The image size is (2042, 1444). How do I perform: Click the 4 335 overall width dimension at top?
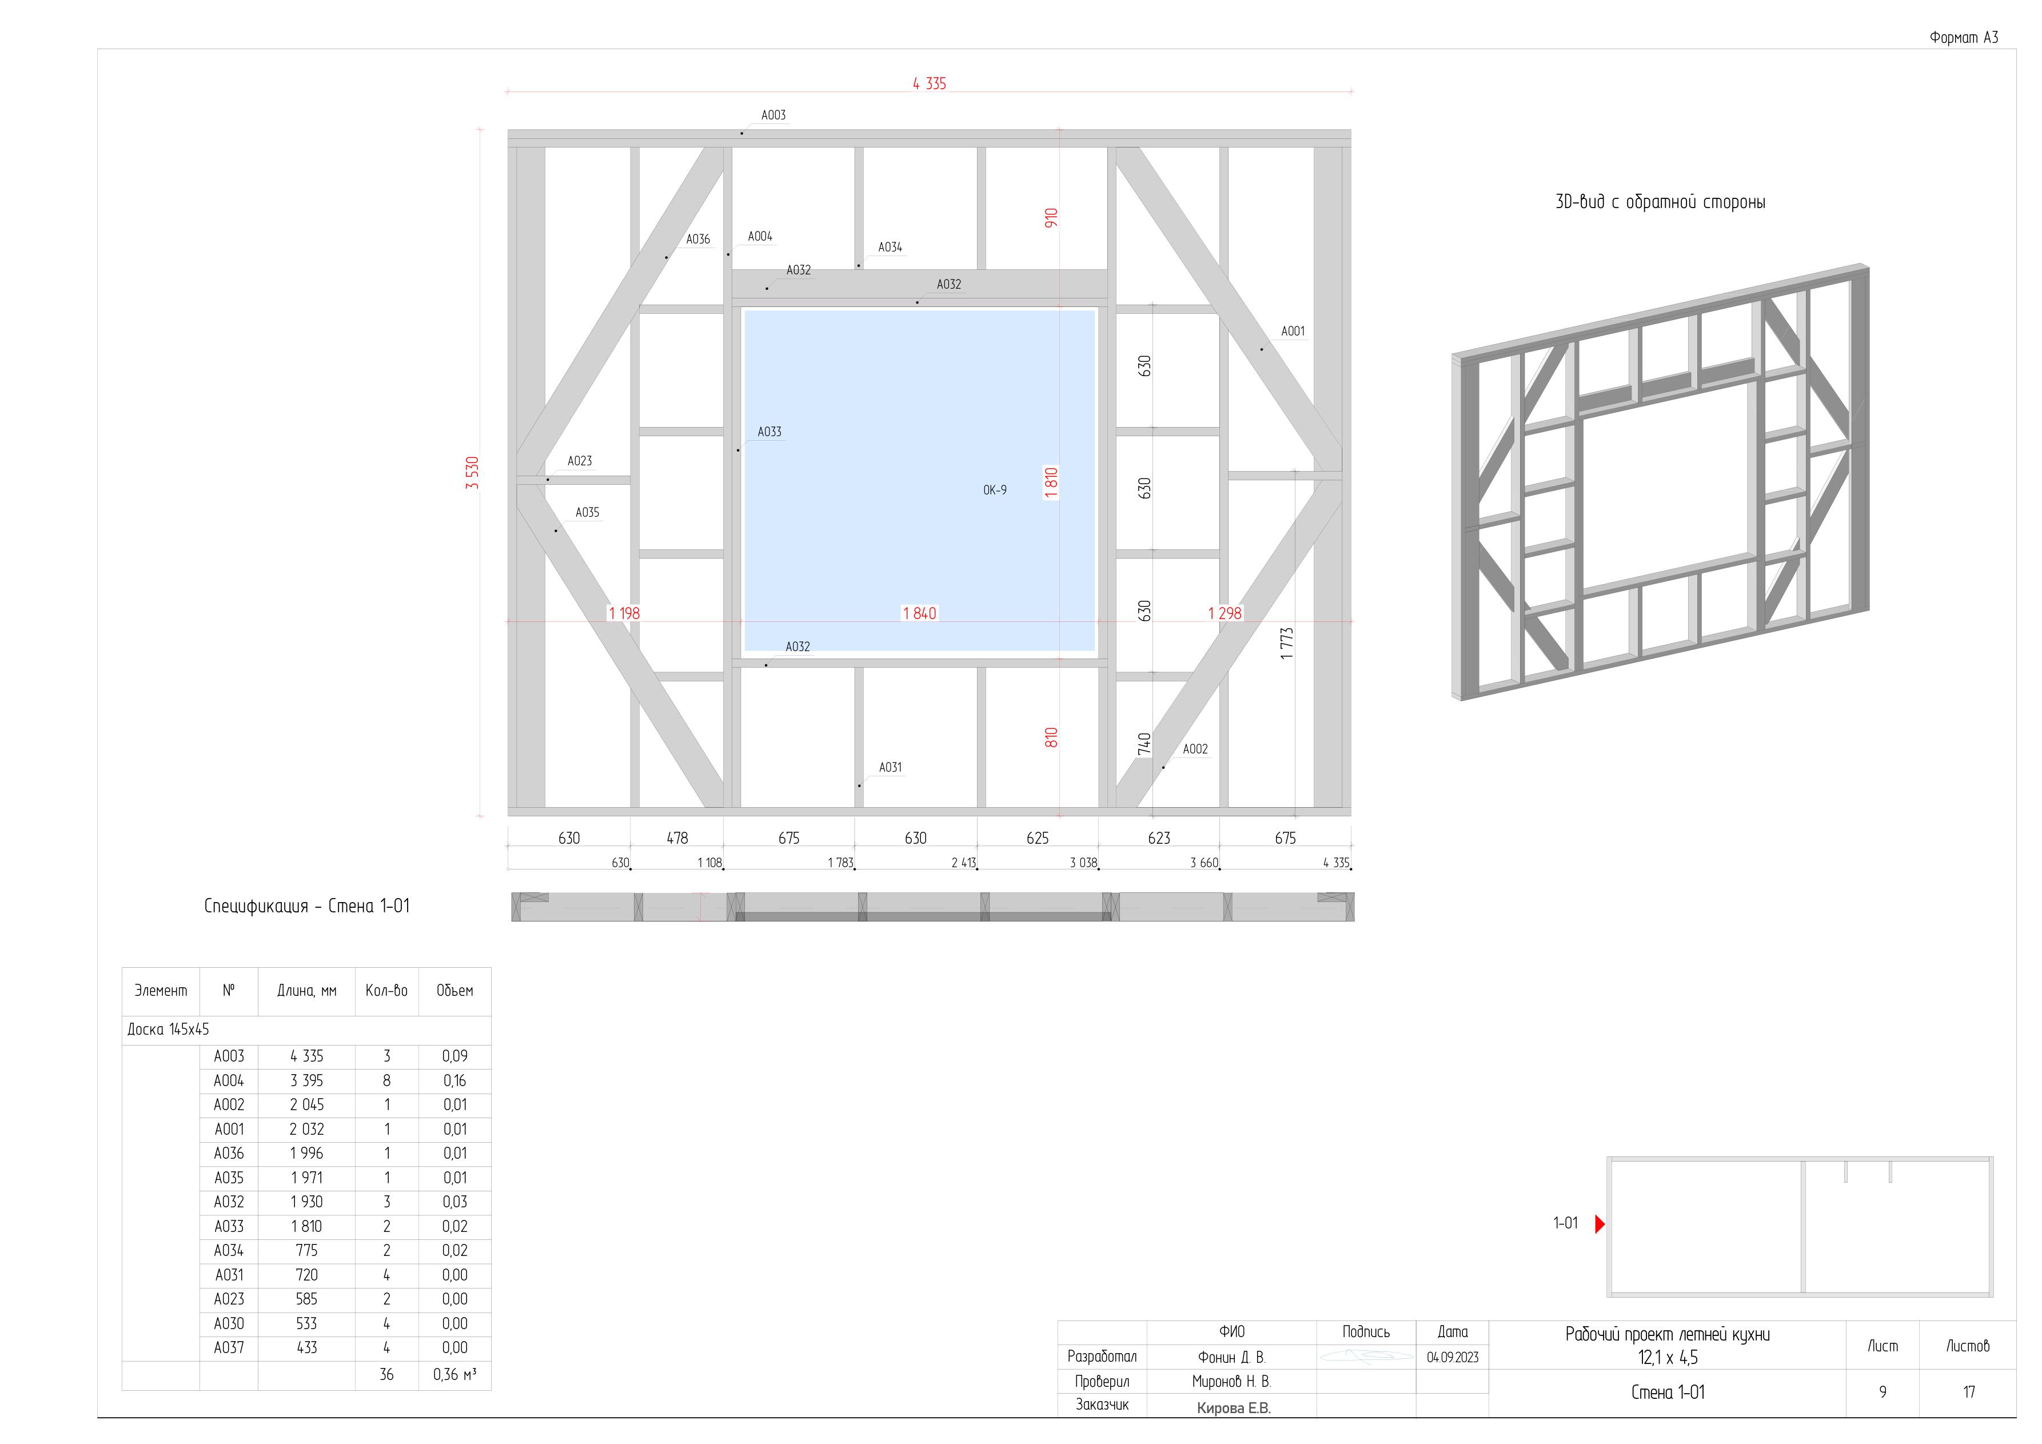pyautogui.click(x=930, y=83)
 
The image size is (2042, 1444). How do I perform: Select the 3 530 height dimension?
pyautogui.click(x=472, y=472)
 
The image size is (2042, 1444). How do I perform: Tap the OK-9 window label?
pyautogui.click(x=995, y=490)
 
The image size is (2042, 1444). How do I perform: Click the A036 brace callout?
pyautogui.click(x=698, y=238)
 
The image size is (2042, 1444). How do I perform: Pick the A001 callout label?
pyautogui.click(x=1293, y=331)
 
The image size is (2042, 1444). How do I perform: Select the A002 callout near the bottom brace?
pyautogui.click(x=1195, y=749)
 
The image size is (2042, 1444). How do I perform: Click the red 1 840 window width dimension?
pyautogui.click(x=920, y=613)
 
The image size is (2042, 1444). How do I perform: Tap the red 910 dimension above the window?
pyautogui.click(x=1051, y=218)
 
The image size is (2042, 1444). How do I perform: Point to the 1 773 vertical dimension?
pyautogui.click(x=1287, y=643)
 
